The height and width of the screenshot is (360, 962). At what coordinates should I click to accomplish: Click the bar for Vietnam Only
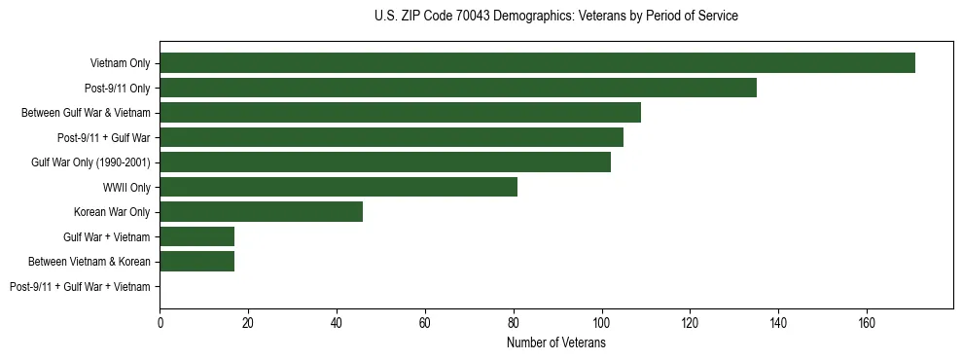click(x=537, y=63)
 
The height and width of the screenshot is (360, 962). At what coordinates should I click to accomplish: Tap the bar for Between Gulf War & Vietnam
click(x=400, y=113)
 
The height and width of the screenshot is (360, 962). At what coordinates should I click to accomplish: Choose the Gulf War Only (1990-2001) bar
click(x=385, y=162)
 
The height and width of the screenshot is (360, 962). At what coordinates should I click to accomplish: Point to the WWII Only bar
click(x=338, y=187)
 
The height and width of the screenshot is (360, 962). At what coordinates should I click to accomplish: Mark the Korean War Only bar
click(x=262, y=212)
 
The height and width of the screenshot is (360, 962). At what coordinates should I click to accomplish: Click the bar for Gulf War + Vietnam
click(x=197, y=236)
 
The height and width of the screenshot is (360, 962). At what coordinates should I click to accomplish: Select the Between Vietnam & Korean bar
click(x=197, y=262)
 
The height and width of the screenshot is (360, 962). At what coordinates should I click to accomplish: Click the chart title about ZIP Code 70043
click(x=555, y=17)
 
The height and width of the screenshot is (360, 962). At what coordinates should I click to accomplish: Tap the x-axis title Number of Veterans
click(x=555, y=343)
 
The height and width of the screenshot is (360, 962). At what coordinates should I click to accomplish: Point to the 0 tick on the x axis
click(x=160, y=322)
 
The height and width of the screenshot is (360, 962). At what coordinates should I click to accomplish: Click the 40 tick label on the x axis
click(x=337, y=322)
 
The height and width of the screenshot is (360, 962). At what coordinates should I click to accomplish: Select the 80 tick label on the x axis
click(x=514, y=322)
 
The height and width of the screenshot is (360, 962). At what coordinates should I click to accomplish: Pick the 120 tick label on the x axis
click(x=690, y=322)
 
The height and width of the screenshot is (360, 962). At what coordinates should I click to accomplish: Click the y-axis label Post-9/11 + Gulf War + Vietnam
click(x=80, y=287)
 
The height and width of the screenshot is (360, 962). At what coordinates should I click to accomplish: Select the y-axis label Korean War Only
click(x=112, y=212)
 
